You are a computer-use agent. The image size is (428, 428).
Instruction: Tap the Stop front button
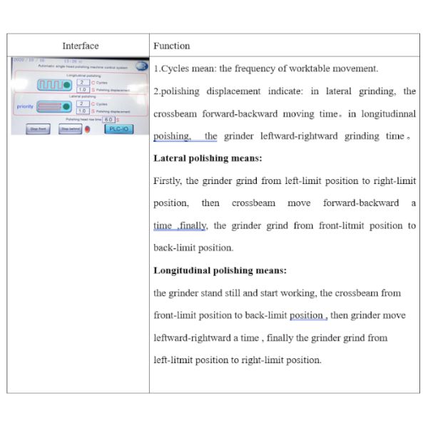tap(37, 129)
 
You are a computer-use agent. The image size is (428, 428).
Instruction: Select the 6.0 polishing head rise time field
tap(109, 120)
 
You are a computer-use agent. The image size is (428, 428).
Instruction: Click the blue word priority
tap(24, 106)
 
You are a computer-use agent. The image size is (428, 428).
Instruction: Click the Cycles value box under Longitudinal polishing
tap(82, 82)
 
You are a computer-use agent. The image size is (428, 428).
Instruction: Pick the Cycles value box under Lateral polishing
tap(82, 104)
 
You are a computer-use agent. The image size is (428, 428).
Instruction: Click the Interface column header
tap(80, 46)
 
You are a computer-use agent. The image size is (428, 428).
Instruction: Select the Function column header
tap(171, 46)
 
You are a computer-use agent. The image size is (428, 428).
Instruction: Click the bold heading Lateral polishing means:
tap(208, 158)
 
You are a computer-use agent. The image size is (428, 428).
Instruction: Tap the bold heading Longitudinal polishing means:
tap(220, 270)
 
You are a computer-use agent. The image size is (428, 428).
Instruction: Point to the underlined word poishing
tap(171, 136)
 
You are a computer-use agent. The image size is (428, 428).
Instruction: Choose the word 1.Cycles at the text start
tap(172, 68)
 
